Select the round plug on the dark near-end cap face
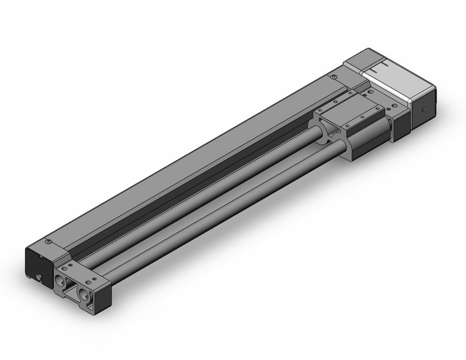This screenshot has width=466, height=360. (x=40, y=277)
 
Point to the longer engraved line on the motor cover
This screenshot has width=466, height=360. (x=385, y=66)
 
